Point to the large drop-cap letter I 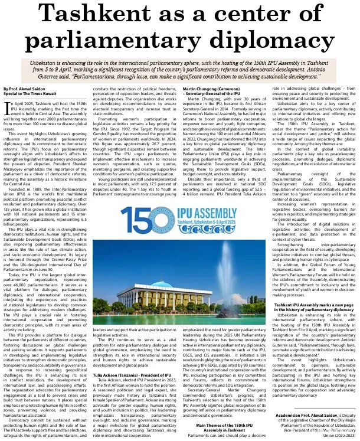coord(7,107)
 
